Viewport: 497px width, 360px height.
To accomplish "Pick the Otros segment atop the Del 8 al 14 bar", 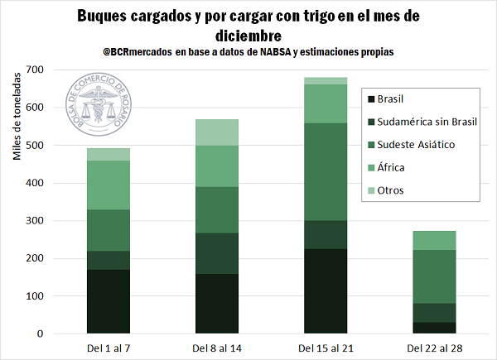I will tap(217, 132).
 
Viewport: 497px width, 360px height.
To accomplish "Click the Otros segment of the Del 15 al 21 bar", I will tap(325, 80).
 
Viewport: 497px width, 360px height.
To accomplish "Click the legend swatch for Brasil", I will tap(369, 99).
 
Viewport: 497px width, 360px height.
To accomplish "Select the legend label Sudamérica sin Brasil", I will tap(426, 122).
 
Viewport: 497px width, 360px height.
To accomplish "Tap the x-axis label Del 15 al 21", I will tap(325, 347).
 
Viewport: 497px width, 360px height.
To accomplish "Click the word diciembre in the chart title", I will tap(248, 36).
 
